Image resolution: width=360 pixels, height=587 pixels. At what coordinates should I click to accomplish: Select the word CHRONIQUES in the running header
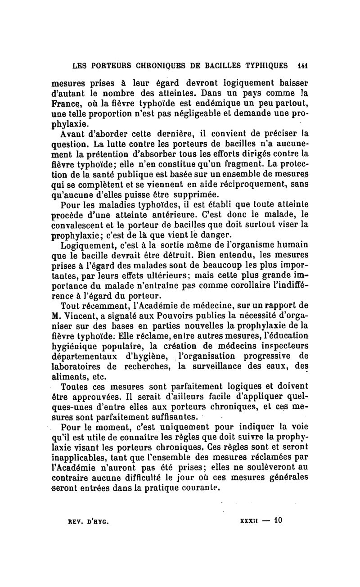tap(156, 65)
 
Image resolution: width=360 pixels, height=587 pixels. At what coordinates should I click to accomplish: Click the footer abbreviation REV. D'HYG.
tap(89, 521)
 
